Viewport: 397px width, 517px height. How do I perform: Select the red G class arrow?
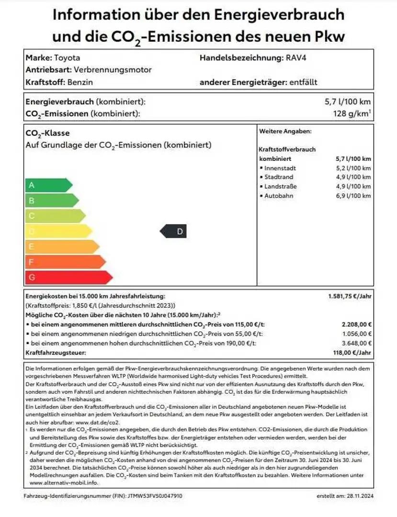(x=67, y=277)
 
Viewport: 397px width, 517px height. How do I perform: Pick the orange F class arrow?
(x=64, y=262)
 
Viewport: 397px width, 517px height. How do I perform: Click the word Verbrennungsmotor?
(x=113, y=70)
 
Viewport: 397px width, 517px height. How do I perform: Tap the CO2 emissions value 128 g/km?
(x=352, y=114)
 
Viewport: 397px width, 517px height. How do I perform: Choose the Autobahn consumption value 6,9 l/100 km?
(x=353, y=196)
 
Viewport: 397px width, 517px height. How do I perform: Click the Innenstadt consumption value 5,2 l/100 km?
(x=353, y=168)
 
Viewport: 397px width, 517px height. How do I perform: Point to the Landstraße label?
(x=281, y=187)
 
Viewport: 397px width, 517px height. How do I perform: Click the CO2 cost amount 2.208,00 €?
(x=357, y=324)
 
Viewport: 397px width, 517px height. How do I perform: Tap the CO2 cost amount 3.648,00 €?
(x=357, y=343)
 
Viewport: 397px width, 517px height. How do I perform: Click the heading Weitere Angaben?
(x=285, y=131)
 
